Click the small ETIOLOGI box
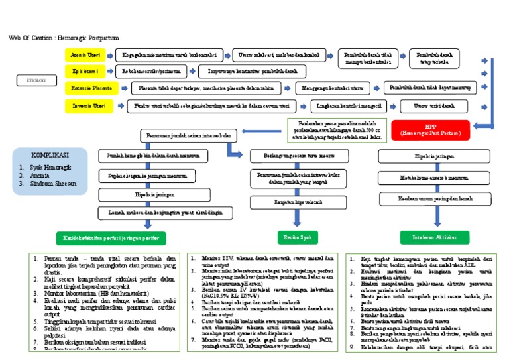pos(32,80)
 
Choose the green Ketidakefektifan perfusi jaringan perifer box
pos(111,237)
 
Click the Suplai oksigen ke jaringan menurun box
pos(143,176)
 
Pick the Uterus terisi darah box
pos(434,106)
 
